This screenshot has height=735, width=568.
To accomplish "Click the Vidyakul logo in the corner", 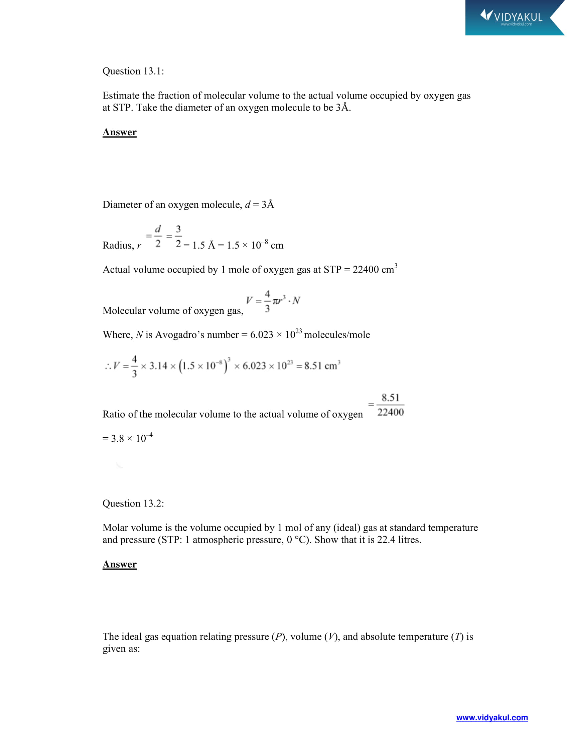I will (x=512, y=17).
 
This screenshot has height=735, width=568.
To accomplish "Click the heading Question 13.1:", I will (x=133, y=71).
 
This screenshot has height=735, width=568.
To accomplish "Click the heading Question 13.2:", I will (x=133, y=503).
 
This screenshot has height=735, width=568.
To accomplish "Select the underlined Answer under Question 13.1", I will (x=120, y=132).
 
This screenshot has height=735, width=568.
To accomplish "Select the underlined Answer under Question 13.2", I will (x=120, y=564).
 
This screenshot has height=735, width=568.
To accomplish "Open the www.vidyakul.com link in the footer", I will (x=492, y=718).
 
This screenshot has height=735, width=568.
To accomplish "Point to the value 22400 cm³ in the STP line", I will (x=375, y=270).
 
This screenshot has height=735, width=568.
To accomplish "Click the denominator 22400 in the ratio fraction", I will (x=390, y=412).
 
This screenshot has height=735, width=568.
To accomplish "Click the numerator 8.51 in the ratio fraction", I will (x=390, y=398).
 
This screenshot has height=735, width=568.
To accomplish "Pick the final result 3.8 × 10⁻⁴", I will (x=128, y=438).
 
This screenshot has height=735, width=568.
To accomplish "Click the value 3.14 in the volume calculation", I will (x=158, y=366).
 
